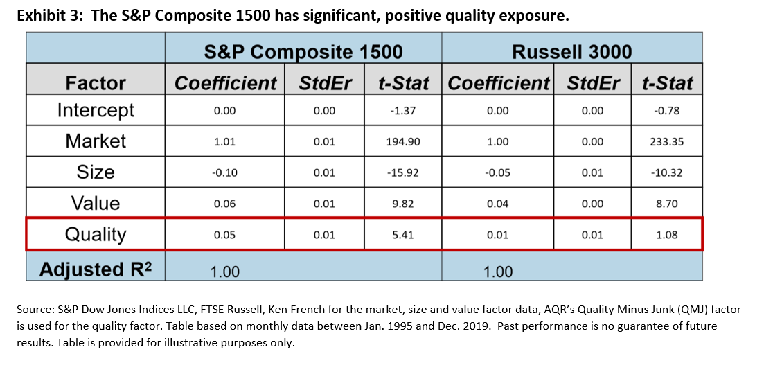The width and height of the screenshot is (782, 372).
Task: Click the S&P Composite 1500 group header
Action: point(303,52)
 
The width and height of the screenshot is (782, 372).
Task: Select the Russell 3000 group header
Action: point(572,52)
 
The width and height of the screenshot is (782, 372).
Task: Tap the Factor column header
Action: point(96,83)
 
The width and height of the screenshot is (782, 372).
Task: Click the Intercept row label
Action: point(96,110)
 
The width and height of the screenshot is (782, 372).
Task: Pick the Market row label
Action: point(96,141)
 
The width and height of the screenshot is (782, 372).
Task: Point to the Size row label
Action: point(96,172)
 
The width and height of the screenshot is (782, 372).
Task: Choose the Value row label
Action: point(96,204)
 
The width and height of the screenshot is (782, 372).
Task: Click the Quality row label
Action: point(96,234)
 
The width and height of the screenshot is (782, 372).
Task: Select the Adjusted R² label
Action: point(95,269)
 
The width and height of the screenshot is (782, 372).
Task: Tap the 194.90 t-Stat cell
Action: point(403,141)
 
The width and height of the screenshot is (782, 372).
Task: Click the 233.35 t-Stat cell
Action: point(666,141)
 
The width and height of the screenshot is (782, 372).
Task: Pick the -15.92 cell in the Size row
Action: point(403,172)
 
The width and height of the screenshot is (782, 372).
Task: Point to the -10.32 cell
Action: point(666,172)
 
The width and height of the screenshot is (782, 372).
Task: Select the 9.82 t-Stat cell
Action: point(403,204)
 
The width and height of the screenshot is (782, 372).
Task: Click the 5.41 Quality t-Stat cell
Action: point(403,235)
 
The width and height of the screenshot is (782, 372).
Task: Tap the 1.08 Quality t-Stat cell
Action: point(666,235)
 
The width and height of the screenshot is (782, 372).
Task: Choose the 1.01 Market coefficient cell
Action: point(224,141)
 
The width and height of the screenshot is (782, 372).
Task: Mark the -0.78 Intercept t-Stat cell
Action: point(666,111)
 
